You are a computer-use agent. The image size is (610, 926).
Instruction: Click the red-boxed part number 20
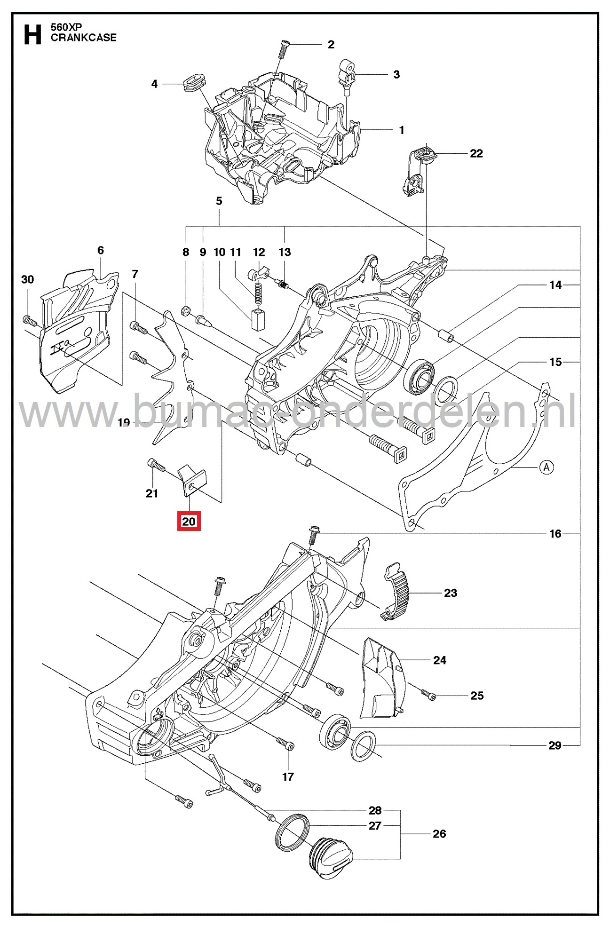click(x=189, y=521)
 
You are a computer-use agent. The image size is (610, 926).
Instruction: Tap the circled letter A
click(x=546, y=467)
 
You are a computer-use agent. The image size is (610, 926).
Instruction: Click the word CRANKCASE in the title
click(x=84, y=38)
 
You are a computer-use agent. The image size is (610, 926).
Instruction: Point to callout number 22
click(x=476, y=153)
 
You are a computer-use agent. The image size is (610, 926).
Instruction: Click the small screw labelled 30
click(x=30, y=321)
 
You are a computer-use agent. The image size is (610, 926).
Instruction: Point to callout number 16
click(x=555, y=533)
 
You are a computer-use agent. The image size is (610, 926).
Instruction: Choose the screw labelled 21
click(x=156, y=465)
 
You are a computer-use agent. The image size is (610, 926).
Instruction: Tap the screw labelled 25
click(x=428, y=694)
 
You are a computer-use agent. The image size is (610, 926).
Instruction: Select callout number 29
click(x=555, y=745)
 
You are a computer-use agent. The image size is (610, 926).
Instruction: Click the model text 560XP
click(x=66, y=27)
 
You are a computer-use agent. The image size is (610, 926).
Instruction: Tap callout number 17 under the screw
click(x=288, y=777)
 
